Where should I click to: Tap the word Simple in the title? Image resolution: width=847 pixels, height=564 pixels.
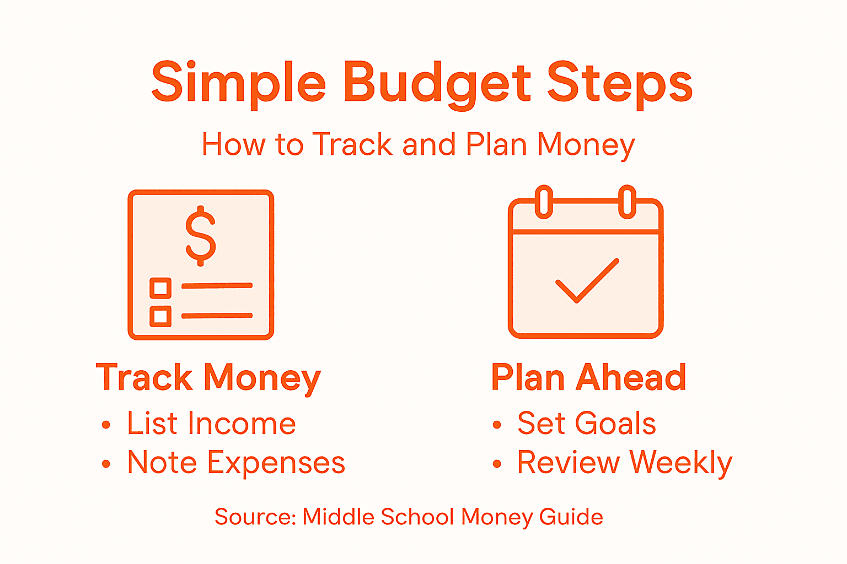click(x=238, y=84)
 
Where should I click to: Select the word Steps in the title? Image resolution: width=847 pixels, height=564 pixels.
click(x=620, y=84)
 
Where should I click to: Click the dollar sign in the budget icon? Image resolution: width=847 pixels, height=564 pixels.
click(x=201, y=236)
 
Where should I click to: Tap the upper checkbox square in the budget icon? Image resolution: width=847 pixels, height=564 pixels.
click(x=160, y=288)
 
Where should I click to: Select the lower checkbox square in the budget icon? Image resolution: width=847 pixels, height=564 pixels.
click(x=160, y=316)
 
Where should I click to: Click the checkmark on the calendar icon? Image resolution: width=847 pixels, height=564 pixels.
click(x=587, y=280)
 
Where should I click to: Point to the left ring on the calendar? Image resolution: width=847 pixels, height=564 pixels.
click(x=544, y=202)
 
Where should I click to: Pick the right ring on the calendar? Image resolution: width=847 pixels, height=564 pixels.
click(x=627, y=202)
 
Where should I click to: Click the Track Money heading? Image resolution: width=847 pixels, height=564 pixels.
click(x=208, y=378)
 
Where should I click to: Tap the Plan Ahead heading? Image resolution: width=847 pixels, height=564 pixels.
click(x=588, y=378)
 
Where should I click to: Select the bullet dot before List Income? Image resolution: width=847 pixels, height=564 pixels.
click(x=106, y=425)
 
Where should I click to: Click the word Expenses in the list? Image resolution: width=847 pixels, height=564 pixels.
click(x=276, y=463)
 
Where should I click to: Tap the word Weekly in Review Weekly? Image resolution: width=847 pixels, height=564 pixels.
click(x=680, y=463)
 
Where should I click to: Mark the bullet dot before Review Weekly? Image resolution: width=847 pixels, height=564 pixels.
click(x=497, y=464)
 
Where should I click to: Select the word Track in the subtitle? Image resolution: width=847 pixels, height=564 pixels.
click(x=352, y=145)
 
